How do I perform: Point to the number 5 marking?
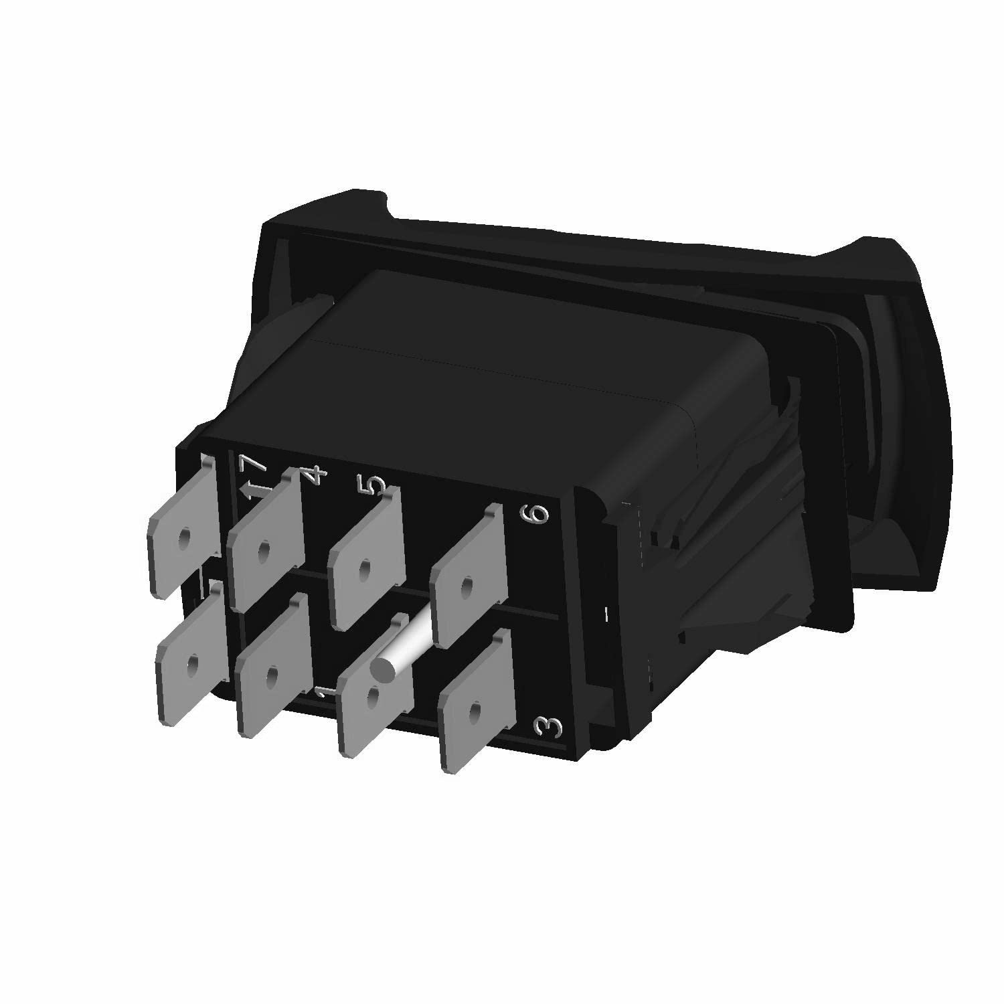(x=376, y=484)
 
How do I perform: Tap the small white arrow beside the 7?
(x=250, y=491)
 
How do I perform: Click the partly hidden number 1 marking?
(x=323, y=693)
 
